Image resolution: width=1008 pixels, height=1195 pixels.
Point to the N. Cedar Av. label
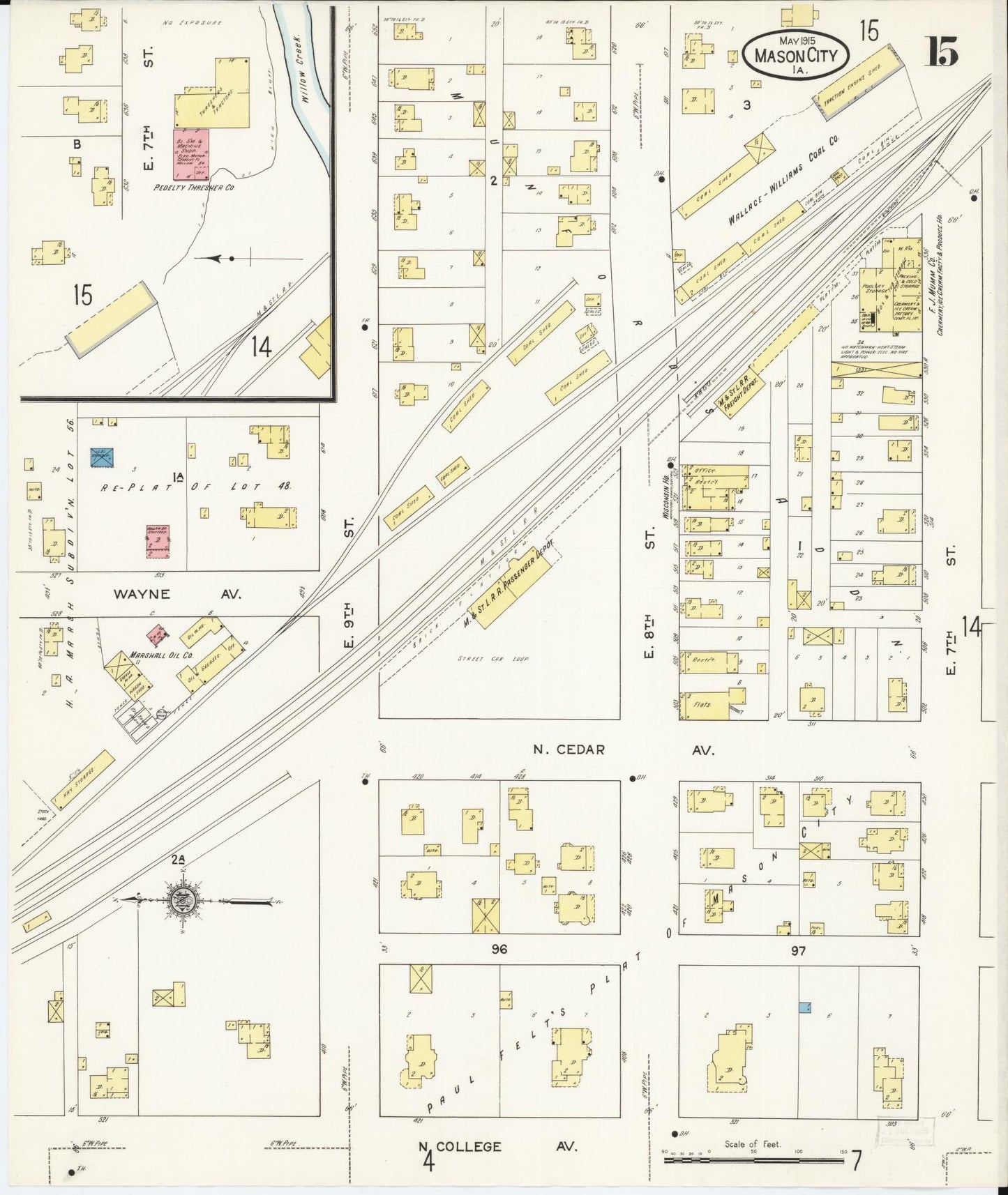tap(622, 749)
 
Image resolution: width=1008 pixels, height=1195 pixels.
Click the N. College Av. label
tap(498, 1146)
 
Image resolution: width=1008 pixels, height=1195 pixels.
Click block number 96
tap(498, 949)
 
